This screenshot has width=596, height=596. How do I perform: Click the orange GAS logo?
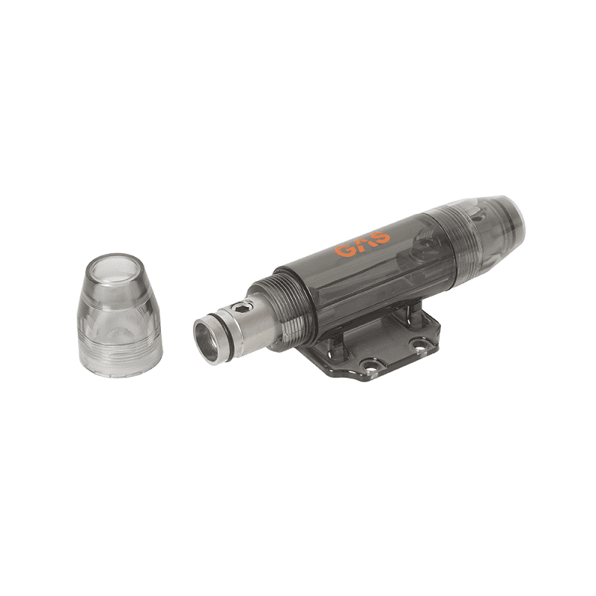click(x=363, y=244)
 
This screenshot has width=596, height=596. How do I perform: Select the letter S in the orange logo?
click(x=381, y=238)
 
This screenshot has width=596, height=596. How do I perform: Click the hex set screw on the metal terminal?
click(x=244, y=305)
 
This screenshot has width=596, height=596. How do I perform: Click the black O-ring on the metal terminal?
click(x=227, y=332)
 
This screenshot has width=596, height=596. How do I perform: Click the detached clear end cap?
click(x=120, y=314)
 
